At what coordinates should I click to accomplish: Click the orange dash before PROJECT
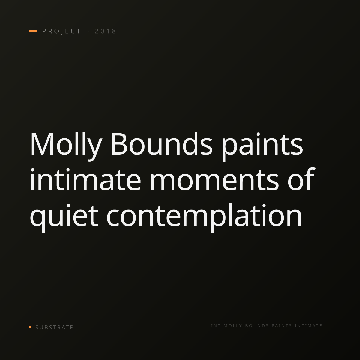point(33,31)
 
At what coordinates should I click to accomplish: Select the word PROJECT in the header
point(62,31)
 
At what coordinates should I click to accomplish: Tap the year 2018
point(106,31)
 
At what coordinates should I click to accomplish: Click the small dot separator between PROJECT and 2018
point(88,31)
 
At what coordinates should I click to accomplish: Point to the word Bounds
point(162,144)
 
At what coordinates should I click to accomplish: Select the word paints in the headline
point(262,147)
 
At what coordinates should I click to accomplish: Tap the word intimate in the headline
point(85,179)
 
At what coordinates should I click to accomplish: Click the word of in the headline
point(301,179)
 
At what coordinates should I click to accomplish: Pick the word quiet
point(64,218)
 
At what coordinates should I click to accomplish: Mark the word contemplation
point(204,218)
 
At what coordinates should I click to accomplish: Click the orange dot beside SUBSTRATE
point(30,327)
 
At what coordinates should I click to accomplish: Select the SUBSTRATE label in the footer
point(54,328)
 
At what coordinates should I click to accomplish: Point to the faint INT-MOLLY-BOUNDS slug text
point(270,326)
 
